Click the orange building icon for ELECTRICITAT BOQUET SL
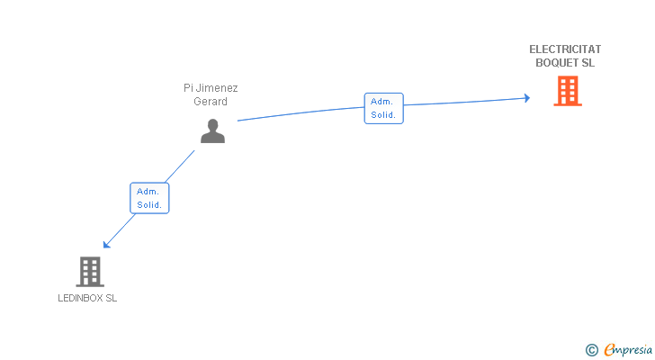click(x=567, y=91)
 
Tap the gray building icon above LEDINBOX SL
click(x=89, y=271)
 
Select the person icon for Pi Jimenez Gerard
click(x=212, y=131)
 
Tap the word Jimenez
click(x=218, y=88)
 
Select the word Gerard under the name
click(x=211, y=101)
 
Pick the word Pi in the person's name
click(x=188, y=88)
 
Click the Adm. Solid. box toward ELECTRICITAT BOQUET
click(x=383, y=108)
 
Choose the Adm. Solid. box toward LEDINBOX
click(x=149, y=198)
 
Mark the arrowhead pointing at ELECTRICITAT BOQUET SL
click(x=527, y=98)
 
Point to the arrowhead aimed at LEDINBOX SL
click(x=106, y=245)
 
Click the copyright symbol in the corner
click(x=591, y=350)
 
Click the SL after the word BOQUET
click(x=588, y=63)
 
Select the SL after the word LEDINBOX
click(x=111, y=298)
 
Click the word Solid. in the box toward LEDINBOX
click(x=149, y=205)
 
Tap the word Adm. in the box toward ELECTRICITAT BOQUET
click(x=381, y=102)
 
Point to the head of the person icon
click(x=212, y=125)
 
